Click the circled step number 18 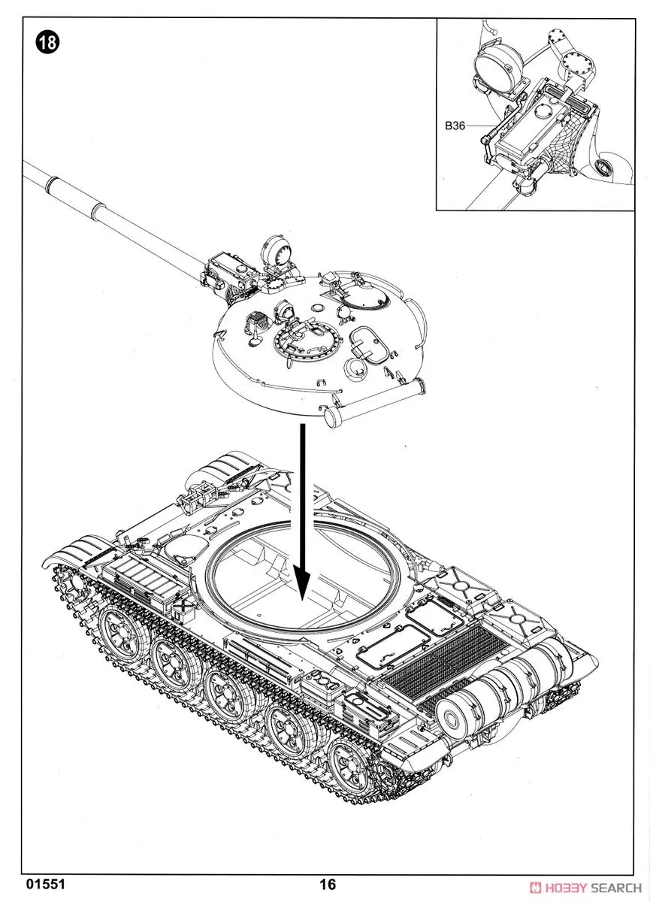[47, 42]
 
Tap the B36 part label [455, 126]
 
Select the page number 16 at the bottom [328, 884]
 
